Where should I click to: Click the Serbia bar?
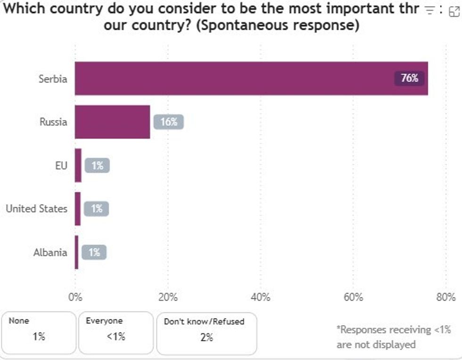251,78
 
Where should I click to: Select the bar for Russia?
112,122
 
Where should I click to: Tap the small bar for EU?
78,165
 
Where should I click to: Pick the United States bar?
78,208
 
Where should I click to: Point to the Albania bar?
77,252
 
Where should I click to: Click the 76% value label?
409,78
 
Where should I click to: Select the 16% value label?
168,122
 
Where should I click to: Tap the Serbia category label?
53,79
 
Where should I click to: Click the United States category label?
37,208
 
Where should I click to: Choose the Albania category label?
50,252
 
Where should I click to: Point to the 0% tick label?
75,297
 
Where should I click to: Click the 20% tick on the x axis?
168,297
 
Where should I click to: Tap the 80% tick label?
445,297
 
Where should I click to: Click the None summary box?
39,332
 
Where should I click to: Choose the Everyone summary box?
115,332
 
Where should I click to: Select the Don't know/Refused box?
206,333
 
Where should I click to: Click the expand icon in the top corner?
454,10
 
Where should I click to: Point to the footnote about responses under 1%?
393,337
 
